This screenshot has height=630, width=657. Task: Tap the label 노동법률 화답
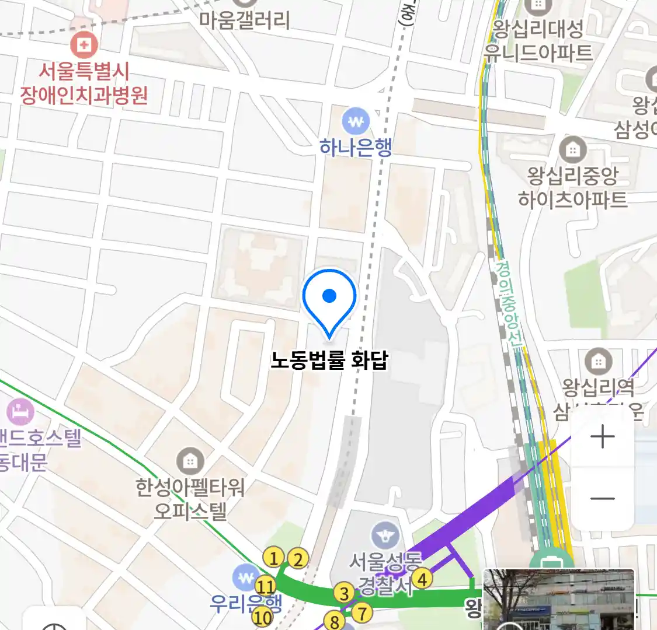tap(329, 360)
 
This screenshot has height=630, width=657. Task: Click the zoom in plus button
tap(602, 437)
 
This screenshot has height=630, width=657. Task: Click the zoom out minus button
tap(602, 499)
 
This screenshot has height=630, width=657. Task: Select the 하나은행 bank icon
tap(356, 122)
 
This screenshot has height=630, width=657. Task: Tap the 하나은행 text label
tap(356, 148)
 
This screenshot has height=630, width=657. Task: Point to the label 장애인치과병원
tap(84, 94)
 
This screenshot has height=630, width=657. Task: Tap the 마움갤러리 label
tap(245, 20)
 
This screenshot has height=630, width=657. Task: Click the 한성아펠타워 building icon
tap(189, 461)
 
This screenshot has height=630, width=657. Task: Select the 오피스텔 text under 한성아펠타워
tap(190, 512)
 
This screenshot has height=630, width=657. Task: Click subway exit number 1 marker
tap(273, 558)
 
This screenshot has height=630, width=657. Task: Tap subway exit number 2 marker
tap(298, 559)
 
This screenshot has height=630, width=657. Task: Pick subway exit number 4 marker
tap(422, 579)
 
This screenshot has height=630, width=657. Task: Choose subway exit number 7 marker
tap(362, 613)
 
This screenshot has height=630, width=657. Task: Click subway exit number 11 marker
tap(265, 586)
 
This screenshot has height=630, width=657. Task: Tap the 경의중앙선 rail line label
tap(509, 304)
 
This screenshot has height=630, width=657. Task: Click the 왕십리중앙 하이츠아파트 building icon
tap(572, 149)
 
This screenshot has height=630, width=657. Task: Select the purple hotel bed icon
tap(20, 412)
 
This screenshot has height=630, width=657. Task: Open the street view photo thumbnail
tap(559, 600)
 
